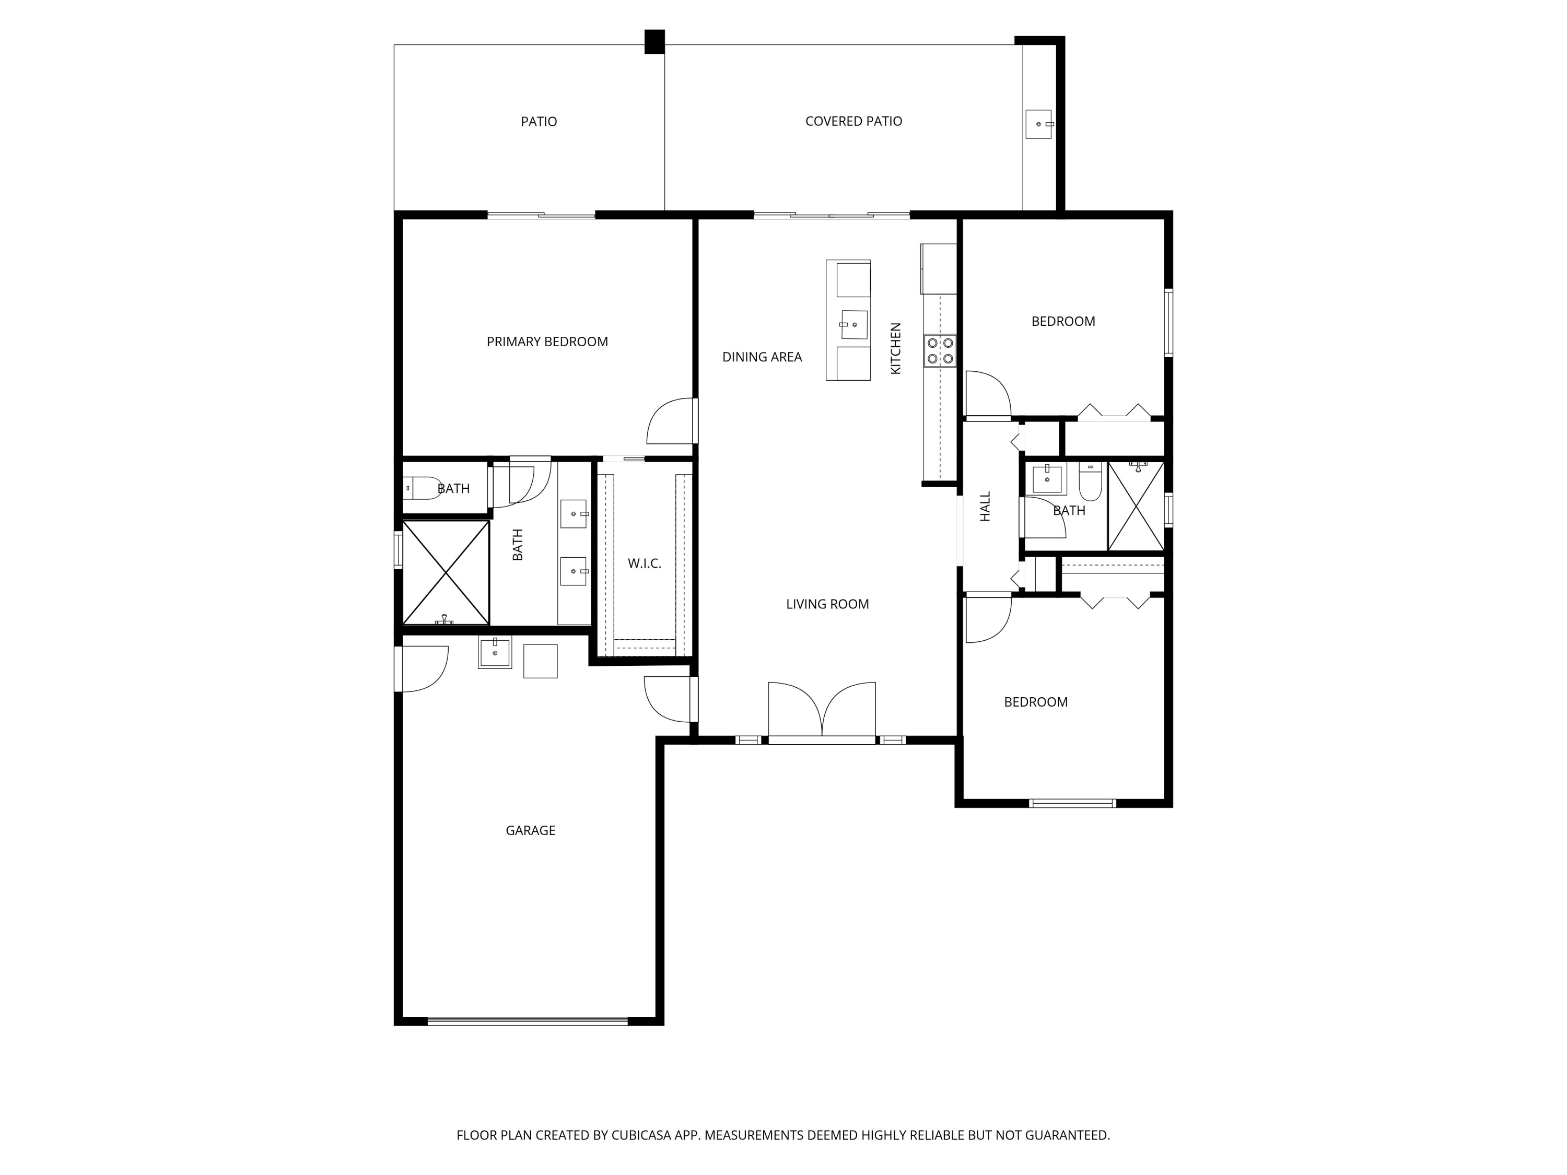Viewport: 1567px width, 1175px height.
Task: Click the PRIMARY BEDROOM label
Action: (x=547, y=342)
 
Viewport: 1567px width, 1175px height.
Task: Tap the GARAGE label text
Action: (x=531, y=831)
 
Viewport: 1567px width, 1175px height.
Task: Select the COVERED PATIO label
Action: (x=853, y=122)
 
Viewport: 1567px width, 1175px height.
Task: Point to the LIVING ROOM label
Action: (x=827, y=604)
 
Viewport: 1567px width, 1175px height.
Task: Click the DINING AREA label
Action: (x=762, y=358)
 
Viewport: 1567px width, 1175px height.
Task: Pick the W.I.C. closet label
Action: (x=645, y=564)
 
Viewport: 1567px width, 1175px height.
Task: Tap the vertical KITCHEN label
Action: (x=895, y=348)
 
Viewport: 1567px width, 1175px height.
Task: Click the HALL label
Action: (x=986, y=507)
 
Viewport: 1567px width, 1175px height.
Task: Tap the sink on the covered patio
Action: (x=1038, y=124)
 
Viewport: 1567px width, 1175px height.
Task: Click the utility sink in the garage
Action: (x=495, y=653)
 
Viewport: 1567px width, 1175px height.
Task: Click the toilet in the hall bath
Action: (x=1090, y=481)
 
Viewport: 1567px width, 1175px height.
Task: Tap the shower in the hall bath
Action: (x=1136, y=506)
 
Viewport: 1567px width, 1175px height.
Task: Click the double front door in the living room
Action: (x=822, y=712)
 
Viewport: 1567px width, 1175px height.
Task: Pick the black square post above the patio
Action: (x=654, y=42)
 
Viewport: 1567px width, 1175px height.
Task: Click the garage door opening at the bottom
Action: (x=528, y=1021)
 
